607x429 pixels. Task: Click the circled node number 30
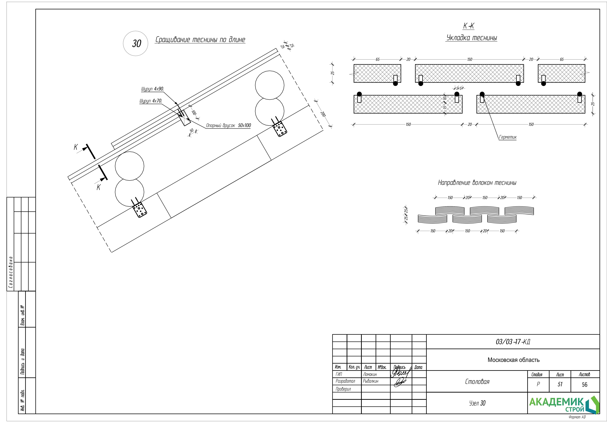point(136,43)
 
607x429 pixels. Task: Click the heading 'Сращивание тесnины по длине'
point(200,40)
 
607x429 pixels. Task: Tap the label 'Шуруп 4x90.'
point(152,89)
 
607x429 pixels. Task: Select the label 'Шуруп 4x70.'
point(151,101)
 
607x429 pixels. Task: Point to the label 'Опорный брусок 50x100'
point(228,126)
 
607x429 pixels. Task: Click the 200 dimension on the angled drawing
point(323,114)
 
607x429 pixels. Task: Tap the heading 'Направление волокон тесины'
point(477,183)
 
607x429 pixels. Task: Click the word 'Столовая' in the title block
point(477,382)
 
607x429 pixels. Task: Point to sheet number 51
point(560,384)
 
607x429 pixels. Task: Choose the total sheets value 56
point(584,385)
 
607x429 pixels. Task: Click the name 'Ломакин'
point(370,374)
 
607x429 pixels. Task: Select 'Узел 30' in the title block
point(477,403)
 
